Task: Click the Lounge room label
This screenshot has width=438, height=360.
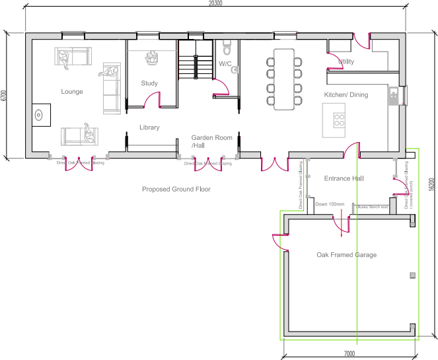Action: pyautogui.click(x=72, y=92)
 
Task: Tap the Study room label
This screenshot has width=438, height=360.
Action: pyautogui.click(x=149, y=83)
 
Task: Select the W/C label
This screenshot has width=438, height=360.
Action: pyautogui.click(x=225, y=64)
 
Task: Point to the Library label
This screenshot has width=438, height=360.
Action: pyautogui.click(x=149, y=127)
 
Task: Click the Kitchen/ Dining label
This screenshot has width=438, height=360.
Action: pyautogui.click(x=346, y=95)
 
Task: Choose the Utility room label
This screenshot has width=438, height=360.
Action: pyautogui.click(x=346, y=62)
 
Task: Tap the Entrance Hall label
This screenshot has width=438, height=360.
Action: pyautogui.click(x=344, y=178)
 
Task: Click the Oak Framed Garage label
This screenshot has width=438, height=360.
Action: pyautogui.click(x=346, y=255)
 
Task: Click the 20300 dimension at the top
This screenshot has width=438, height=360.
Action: pyautogui.click(x=215, y=4)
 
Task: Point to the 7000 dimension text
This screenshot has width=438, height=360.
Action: pyautogui.click(x=349, y=354)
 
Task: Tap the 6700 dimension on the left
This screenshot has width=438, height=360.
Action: pyautogui.click(x=4, y=95)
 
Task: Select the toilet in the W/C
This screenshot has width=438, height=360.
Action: pyautogui.click(x=227, y=48)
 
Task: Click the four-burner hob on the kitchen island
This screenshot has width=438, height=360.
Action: pyautogui.click(x=340, y=120)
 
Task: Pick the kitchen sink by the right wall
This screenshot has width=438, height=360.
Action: pyautogui.click(x=394, y=97)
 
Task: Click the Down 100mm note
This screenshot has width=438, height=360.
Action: pyautogui.click(x=330, y=205)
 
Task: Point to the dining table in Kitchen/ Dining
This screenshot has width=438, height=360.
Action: pyautogui.click(x=284, y=79)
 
